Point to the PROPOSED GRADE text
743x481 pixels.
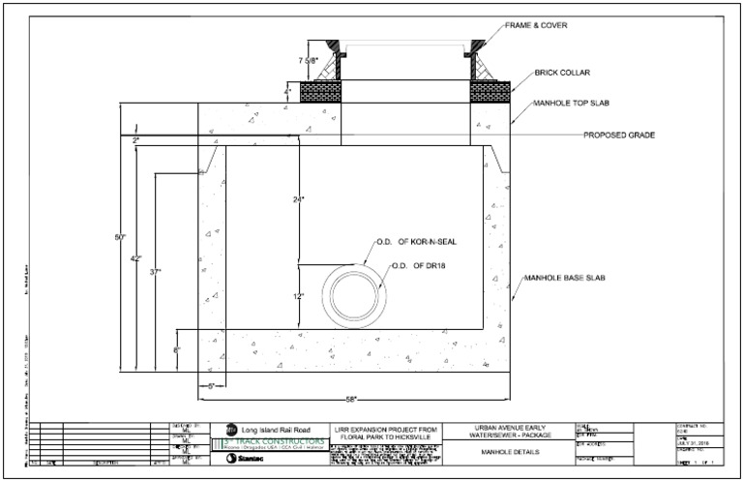click(x=618, y=135)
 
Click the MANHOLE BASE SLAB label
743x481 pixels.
click(x=564, y=279)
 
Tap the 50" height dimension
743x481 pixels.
click(x=120, y=237)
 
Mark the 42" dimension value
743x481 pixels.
click(x=137, y=258)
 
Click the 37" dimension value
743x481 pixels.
click(x=156, y=273)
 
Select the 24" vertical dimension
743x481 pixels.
click(x=298, y=200)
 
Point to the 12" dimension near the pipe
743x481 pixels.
click(x=298, y=296)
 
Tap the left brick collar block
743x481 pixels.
click(x=321, y=92)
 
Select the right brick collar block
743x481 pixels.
click(x=490, y=92)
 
